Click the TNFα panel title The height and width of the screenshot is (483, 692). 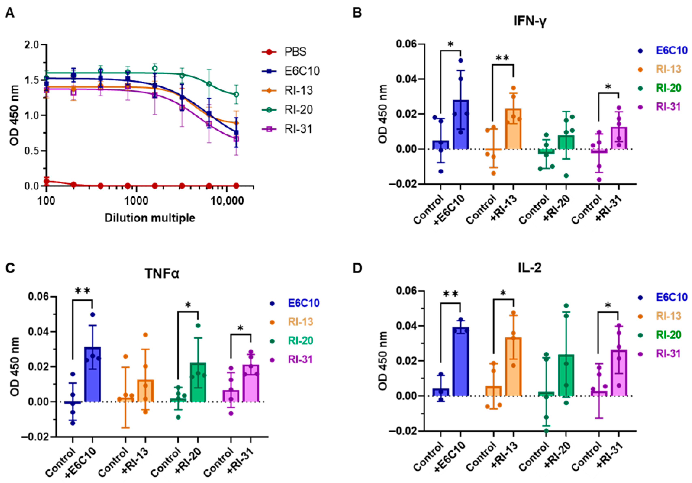click(x=162, y=274)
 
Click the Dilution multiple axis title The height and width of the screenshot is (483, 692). click(x=150, y=218)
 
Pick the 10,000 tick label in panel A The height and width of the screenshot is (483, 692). click(x=227, y=200)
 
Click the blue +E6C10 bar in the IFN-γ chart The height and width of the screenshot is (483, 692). click(x=461, y=125)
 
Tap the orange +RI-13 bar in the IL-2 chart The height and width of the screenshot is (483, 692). click(x=513, y=367)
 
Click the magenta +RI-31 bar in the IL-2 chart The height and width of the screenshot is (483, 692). click(x=619, y=373)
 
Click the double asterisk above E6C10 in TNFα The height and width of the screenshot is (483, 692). click(x=82, y=291)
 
